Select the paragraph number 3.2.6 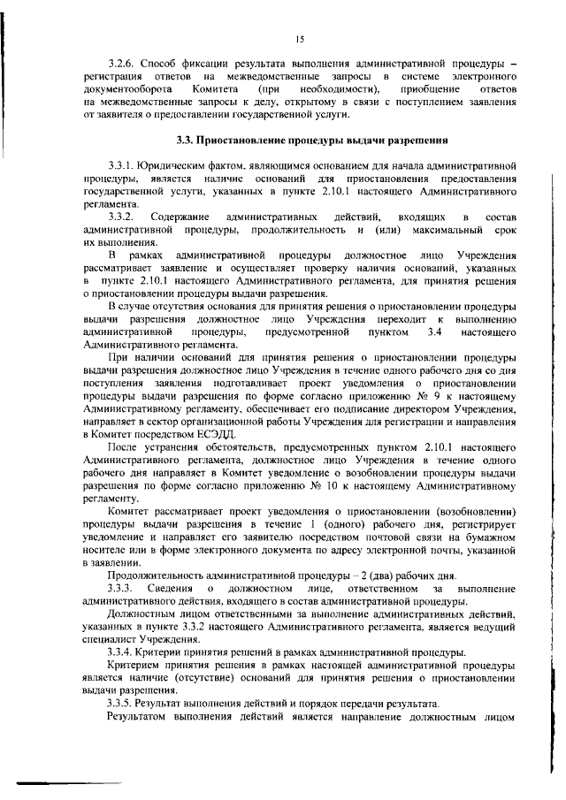pyautogui.click(x=122, y=65)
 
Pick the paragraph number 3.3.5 pyautogui.click(x=122, y=703)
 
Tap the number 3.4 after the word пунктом pyautogui.click(x=433, y=331)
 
